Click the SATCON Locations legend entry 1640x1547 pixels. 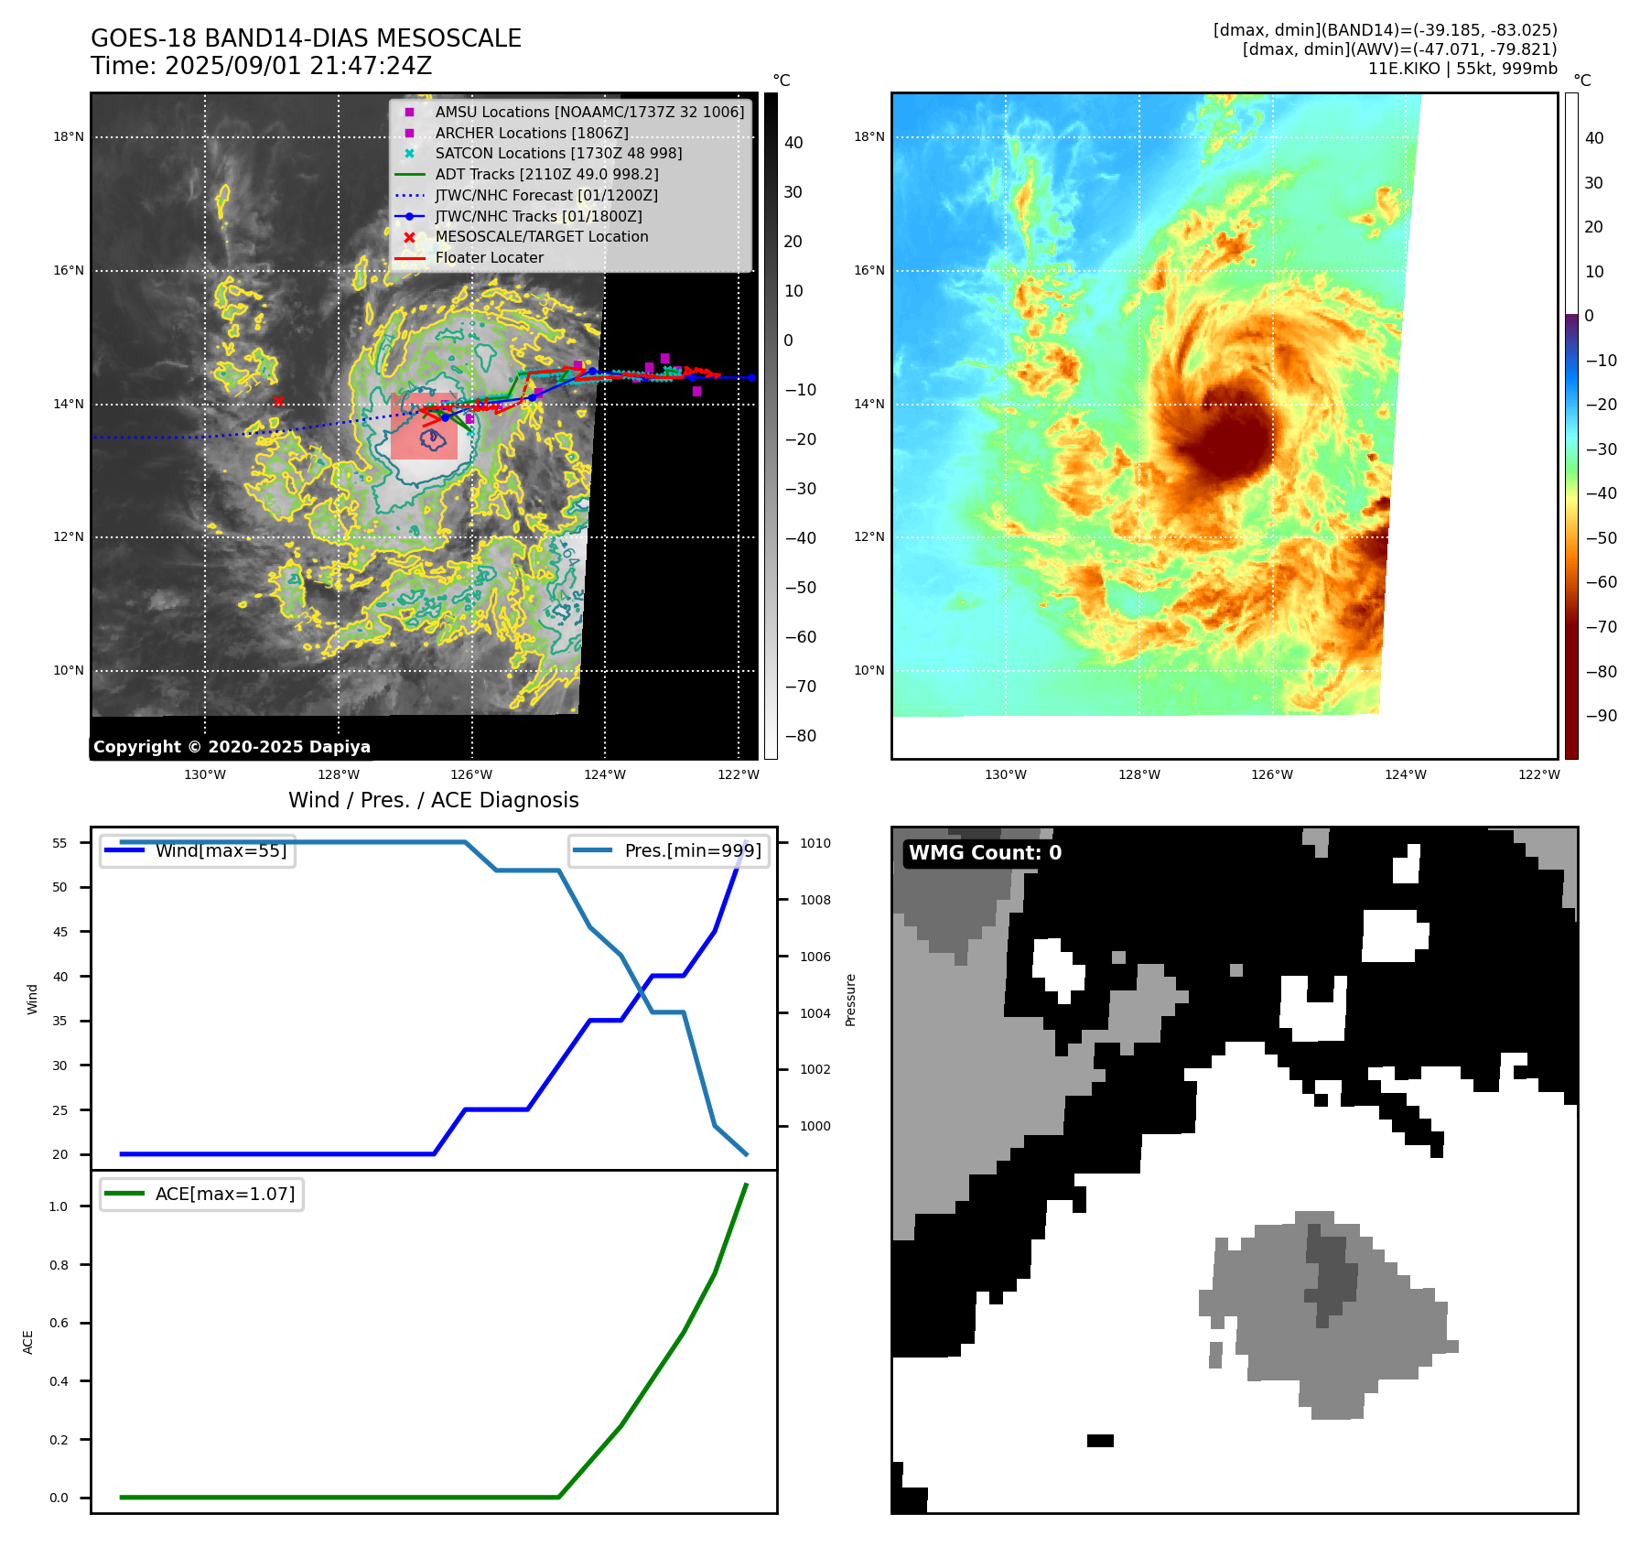click(558, 153)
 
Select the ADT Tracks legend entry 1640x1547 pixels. click(546, 174)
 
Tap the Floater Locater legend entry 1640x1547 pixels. click(489, 257)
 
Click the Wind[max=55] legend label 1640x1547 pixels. click(221, 850)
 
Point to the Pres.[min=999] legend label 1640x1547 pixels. click(692, 850)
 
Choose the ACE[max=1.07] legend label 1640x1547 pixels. click(225, 1194)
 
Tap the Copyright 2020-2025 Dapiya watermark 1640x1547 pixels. click(232, 747)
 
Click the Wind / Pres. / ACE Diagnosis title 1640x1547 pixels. click(433, 800)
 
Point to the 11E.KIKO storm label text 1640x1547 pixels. click(1405, 69)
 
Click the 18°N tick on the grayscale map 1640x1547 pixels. click(68, 137)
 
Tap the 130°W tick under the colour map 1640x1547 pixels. click(1005, 774)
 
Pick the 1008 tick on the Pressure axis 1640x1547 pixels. click(815, 900)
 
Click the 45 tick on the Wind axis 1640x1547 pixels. click(60, 932)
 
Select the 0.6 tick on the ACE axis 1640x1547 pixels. click(59, 1323)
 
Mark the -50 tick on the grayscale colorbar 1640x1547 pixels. click(801, 588)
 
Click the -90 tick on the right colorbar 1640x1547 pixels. click(1601, 716)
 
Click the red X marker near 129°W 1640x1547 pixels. click(278, 401)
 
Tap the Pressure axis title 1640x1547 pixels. click(850, 1000)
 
